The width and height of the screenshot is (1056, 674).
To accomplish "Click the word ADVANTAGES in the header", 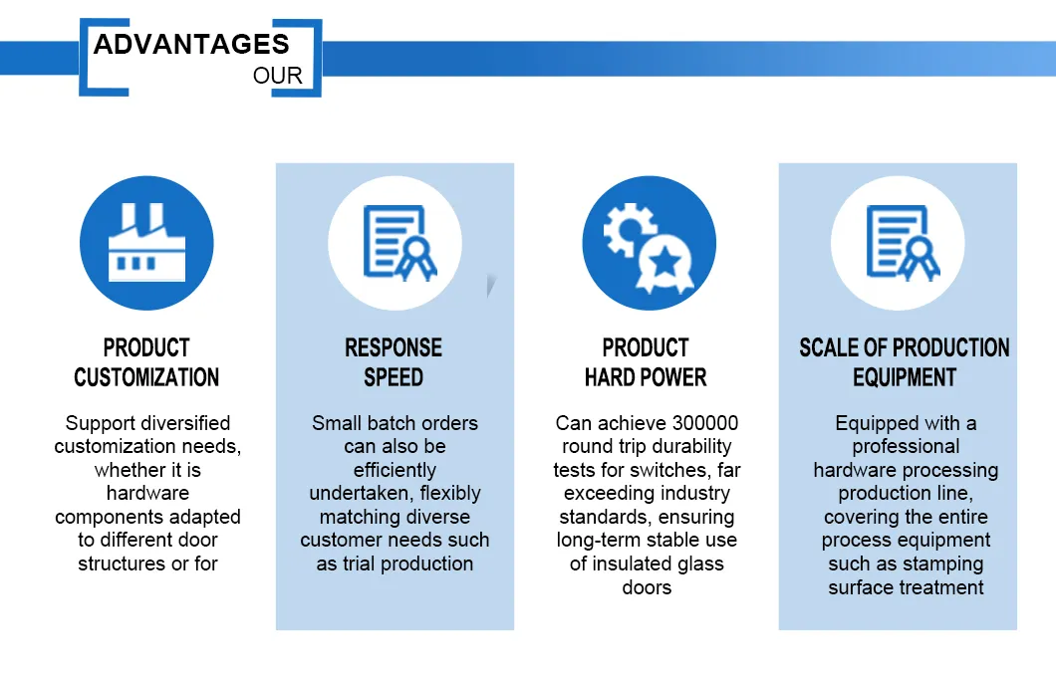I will tap(191, 44).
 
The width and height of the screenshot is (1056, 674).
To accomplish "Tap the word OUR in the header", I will tap(278, 77).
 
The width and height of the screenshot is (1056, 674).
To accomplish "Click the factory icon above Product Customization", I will tap(146, 243).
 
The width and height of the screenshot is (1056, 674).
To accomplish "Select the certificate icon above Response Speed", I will tap(395, 243).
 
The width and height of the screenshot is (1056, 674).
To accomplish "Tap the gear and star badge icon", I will tap(649, 243).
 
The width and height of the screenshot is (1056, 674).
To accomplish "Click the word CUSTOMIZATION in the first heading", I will tap(146, 377).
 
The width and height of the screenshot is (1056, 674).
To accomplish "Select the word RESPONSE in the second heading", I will tap(394, 347).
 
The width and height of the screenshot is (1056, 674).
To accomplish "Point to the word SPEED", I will tap(394, 377).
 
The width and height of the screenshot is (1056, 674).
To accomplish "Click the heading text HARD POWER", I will tap(646, 377).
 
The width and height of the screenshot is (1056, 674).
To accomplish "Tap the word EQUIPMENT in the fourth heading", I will tap(905, 377).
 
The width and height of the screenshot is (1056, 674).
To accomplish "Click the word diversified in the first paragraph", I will tap(182, 423).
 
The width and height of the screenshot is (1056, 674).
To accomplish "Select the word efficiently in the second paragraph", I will tap(395, 470).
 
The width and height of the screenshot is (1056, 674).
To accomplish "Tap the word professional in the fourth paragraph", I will tap(906, 446).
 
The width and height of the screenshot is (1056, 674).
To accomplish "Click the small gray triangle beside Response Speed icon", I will tap(489, 286).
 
